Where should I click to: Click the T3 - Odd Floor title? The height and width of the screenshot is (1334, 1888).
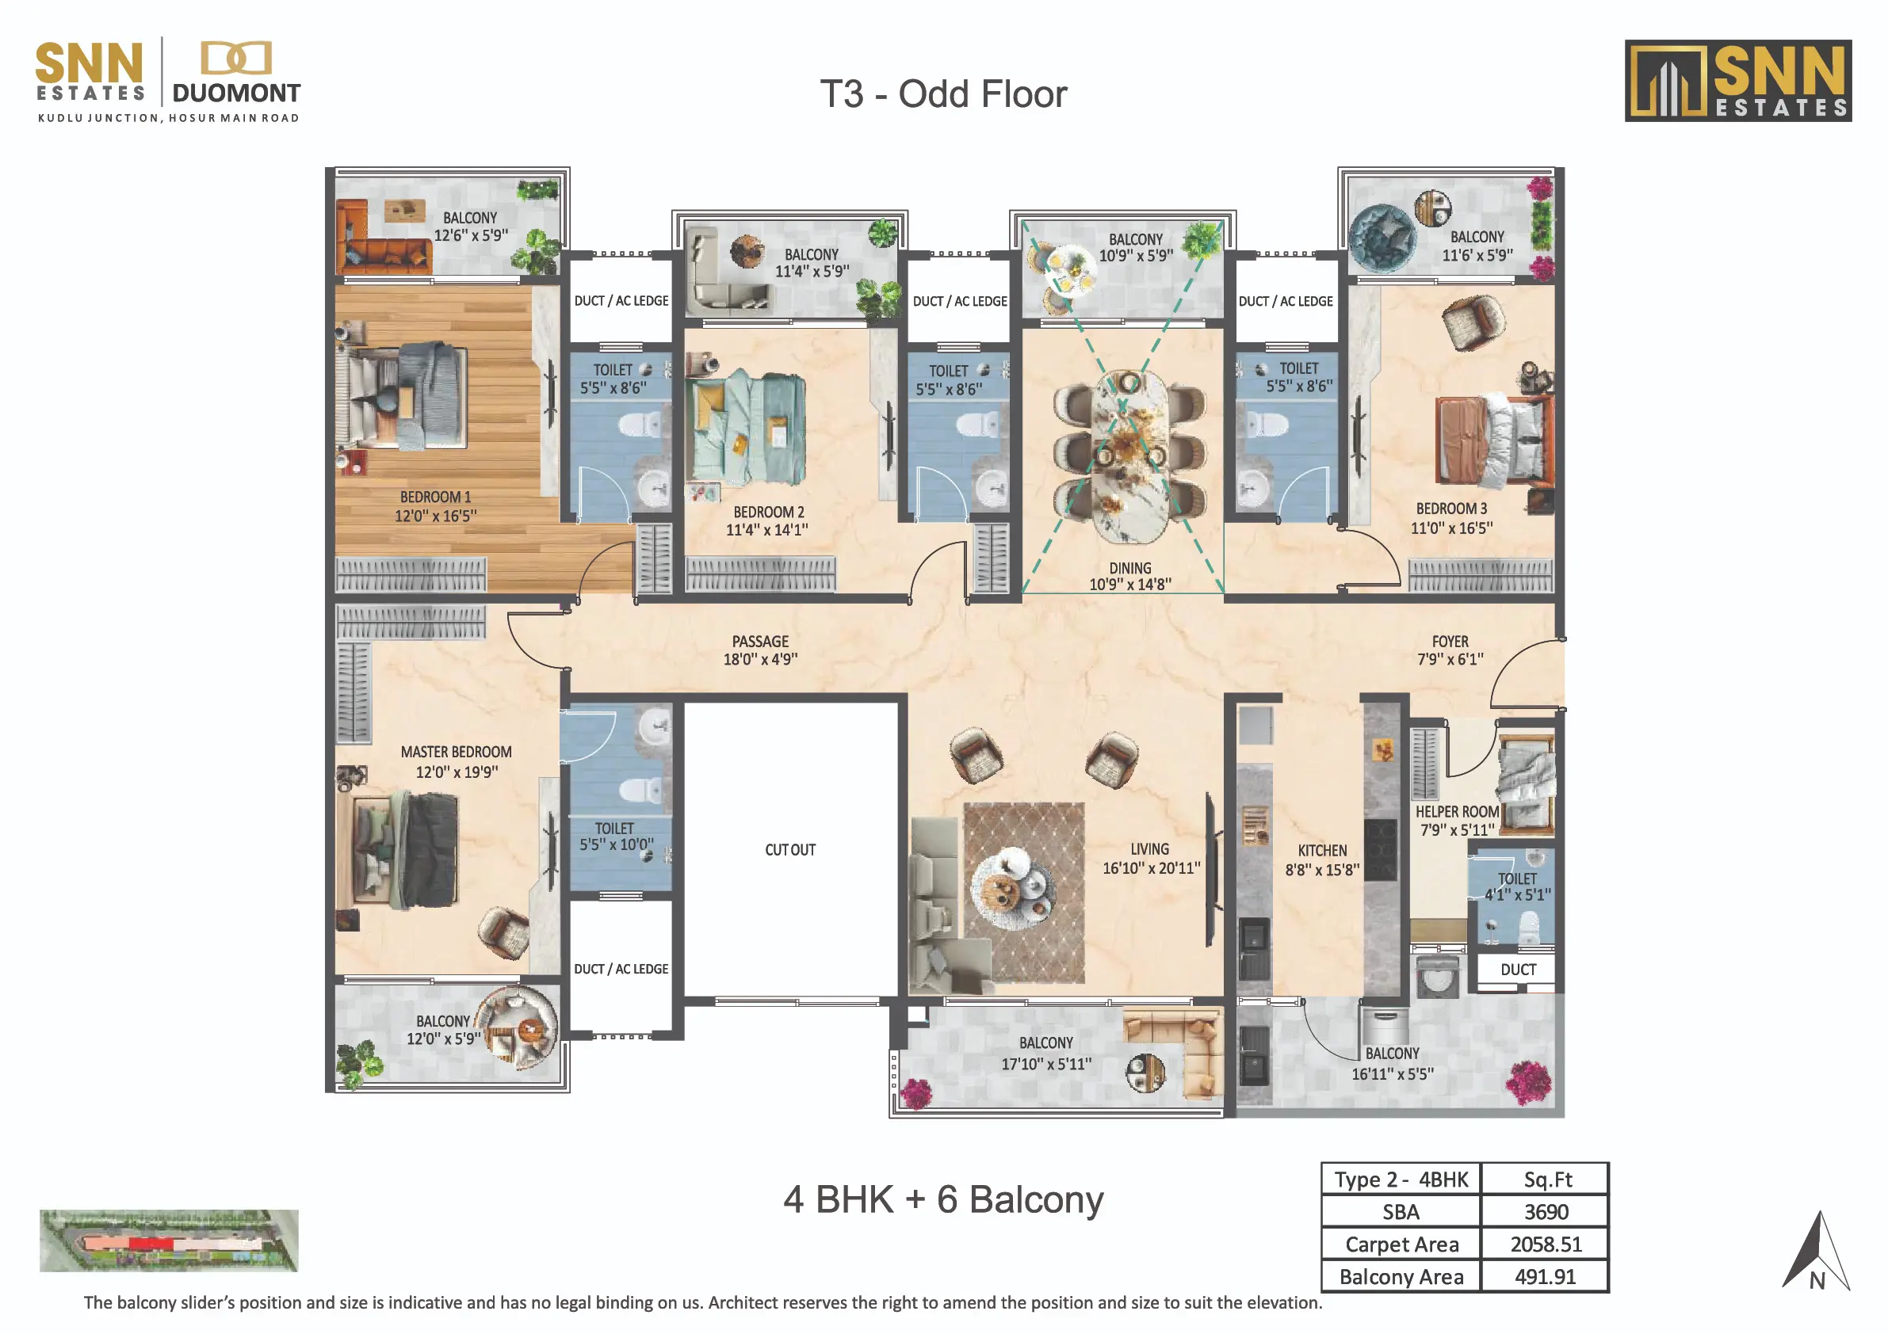point(943,94)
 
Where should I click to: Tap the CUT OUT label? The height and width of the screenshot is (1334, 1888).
point(790,850)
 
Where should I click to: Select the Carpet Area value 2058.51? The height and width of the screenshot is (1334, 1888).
point(1545,1244)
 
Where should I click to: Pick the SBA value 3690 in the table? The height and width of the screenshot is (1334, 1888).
point(1546,1212)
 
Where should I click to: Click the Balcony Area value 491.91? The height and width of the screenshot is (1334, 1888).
point(1545,1276)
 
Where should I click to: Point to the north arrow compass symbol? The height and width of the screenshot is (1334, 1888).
point(1817,1251)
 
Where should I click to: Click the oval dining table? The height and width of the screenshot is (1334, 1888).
point(1129,456)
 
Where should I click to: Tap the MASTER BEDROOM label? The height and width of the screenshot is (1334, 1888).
point(457,752)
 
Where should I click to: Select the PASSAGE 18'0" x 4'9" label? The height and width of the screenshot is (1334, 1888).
point(761,650)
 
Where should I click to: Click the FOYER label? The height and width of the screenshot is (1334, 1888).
point(1450,641)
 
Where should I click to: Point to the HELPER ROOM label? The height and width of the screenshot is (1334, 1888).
point(1457,811)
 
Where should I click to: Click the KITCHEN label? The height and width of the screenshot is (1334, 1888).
point(1322,851)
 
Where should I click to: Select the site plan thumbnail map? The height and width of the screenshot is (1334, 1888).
point(169,1241)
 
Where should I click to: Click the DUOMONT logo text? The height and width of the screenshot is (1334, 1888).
point(237,93)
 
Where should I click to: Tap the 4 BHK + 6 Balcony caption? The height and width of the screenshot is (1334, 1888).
point(943,1199)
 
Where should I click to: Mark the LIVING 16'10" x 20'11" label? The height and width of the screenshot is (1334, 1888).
point(1150,858)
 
